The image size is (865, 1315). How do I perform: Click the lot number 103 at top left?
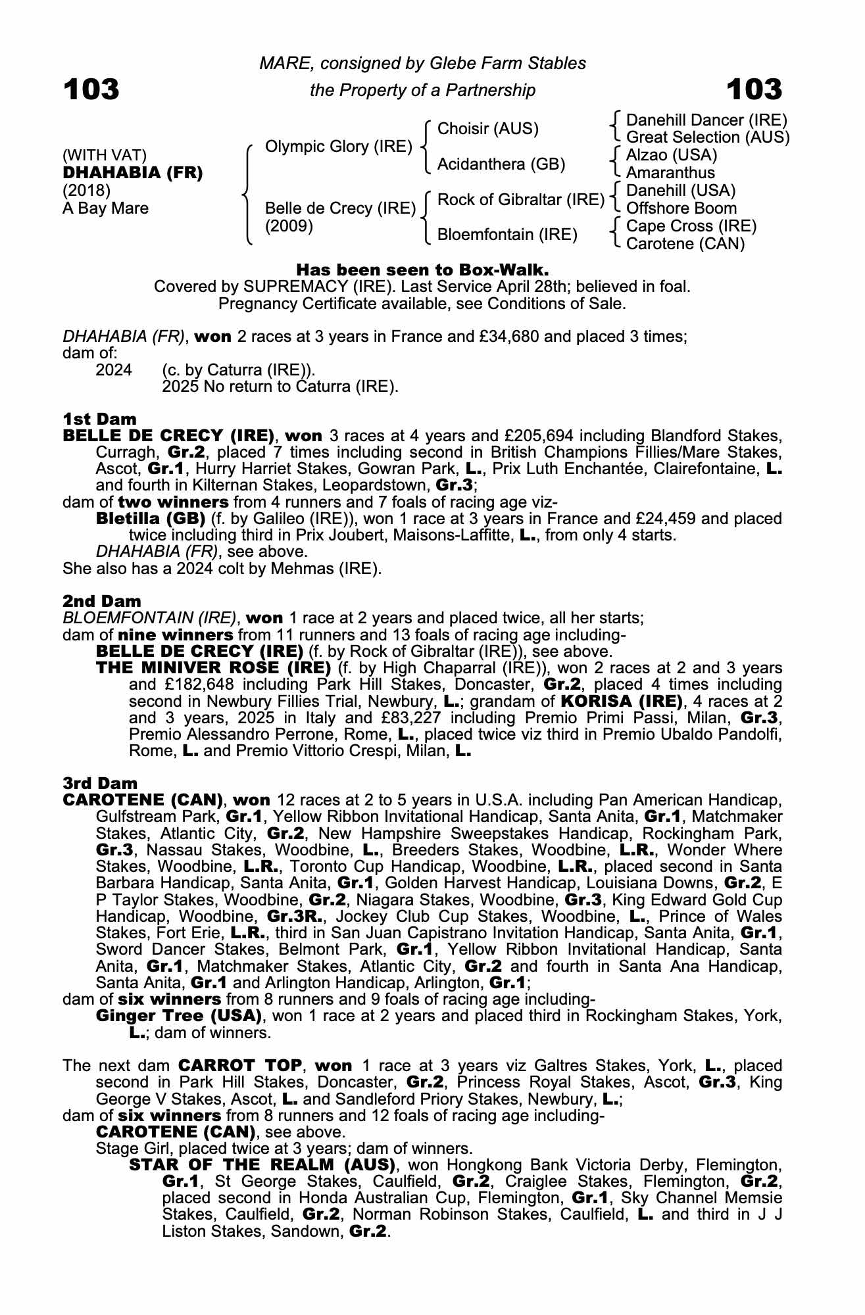(91, 89)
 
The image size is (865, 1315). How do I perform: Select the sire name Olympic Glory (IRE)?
(338, 147)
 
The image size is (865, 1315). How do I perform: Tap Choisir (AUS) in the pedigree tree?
(487, 129)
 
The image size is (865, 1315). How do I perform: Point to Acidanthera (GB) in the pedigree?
(501, 164)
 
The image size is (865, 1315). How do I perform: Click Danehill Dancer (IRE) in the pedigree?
(706, 120)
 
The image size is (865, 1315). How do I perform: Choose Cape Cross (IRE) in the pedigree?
(691, 226)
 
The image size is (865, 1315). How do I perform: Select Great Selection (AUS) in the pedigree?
(707, 137)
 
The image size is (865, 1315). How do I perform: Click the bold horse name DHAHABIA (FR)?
(133, 173)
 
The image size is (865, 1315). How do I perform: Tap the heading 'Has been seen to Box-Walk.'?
(422, 270)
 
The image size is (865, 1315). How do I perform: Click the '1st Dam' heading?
(100, 419)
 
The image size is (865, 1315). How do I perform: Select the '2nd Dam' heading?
(102, 601)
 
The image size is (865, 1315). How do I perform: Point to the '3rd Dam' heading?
(100, 783)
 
